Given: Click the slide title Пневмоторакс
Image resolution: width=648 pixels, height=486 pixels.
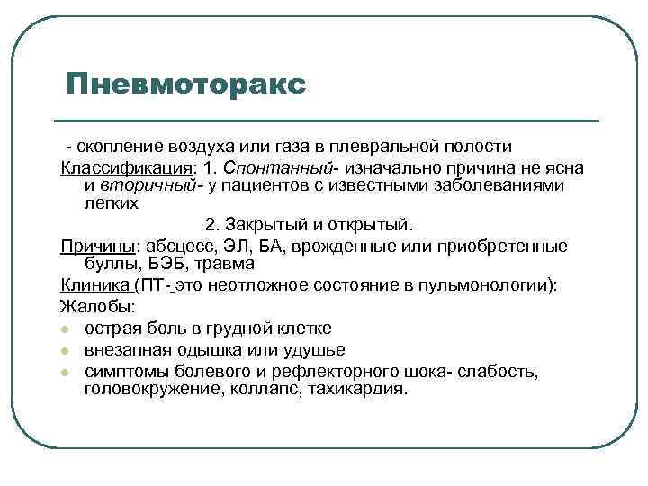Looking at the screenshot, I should click(x=185, y=85).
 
